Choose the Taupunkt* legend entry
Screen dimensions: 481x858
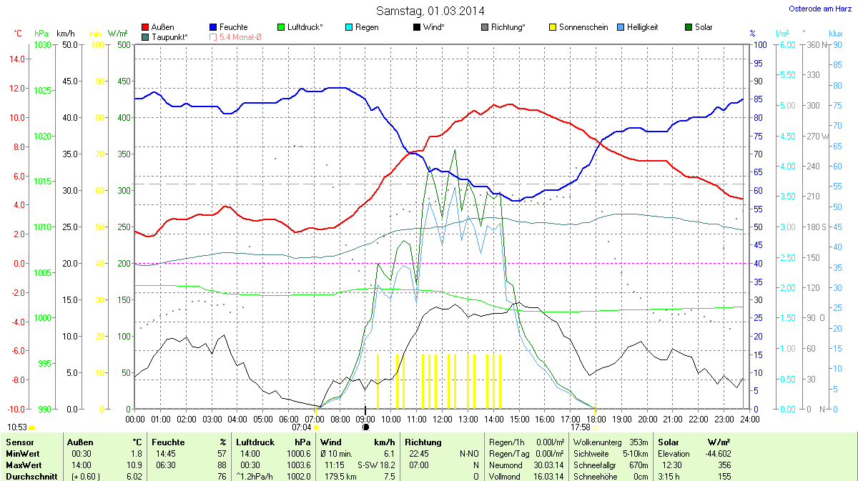pos(169,36)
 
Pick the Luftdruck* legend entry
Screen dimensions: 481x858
pos(305,27)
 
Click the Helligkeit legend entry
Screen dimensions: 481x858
pos(642,27)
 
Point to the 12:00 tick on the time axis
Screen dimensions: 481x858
pos(443,419)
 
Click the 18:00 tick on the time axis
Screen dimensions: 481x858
pos(596,419)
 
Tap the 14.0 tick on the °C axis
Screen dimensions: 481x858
pos(16,59)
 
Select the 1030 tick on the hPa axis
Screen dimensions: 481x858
pos(43,44)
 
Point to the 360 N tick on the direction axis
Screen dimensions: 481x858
pos(814,44)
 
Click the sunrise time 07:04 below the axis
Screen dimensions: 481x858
pos(301,427)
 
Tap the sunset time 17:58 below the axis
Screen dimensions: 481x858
pos(580,427)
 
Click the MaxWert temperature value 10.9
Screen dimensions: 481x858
pos(134,465)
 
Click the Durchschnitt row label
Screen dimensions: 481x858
pos(31,477)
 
